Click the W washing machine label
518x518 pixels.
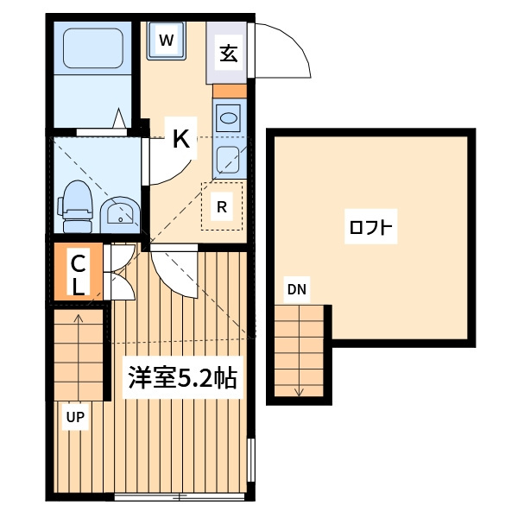[x=166, y=41]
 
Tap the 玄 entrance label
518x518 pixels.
[x=229, y=54]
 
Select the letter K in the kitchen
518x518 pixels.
[x=181, y=139]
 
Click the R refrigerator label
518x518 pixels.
[x=222, y=207]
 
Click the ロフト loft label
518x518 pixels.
[x=370, y=227]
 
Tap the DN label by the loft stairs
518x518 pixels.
[x=297, y=289]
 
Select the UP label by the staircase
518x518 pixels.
[x=75, y=417]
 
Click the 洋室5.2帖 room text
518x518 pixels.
[x=183, y=377]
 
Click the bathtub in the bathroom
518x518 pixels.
[x=93, y=48]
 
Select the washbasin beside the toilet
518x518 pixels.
[x=120, y=215]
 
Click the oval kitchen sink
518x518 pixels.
[x=228, y=118]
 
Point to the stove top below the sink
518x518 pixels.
[x=228, y=160]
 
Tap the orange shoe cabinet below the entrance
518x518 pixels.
[x=230, y=92]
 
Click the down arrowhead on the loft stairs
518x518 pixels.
[x=299, y=393]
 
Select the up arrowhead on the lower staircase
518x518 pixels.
[x=79, y=318]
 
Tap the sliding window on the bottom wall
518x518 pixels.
[x=179, y=496]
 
